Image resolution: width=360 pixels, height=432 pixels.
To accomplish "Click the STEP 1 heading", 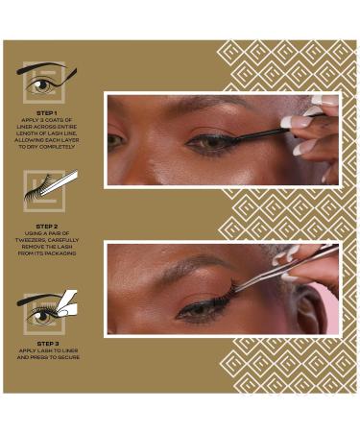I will [47, 112].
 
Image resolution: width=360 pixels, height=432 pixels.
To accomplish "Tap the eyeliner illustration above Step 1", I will [47, 82].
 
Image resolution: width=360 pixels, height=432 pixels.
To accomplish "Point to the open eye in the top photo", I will [213, 144].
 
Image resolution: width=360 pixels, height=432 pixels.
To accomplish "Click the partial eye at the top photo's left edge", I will [115, 141].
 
